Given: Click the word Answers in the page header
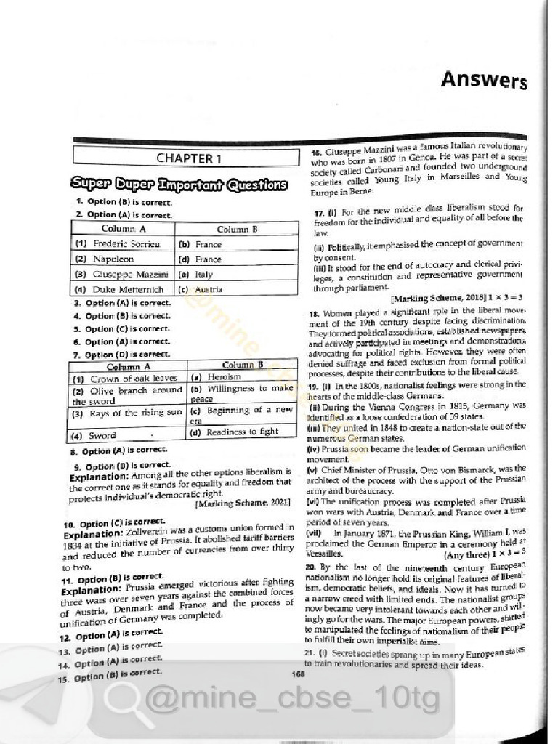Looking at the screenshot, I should point(483,80).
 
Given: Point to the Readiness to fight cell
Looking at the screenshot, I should point(243,432).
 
